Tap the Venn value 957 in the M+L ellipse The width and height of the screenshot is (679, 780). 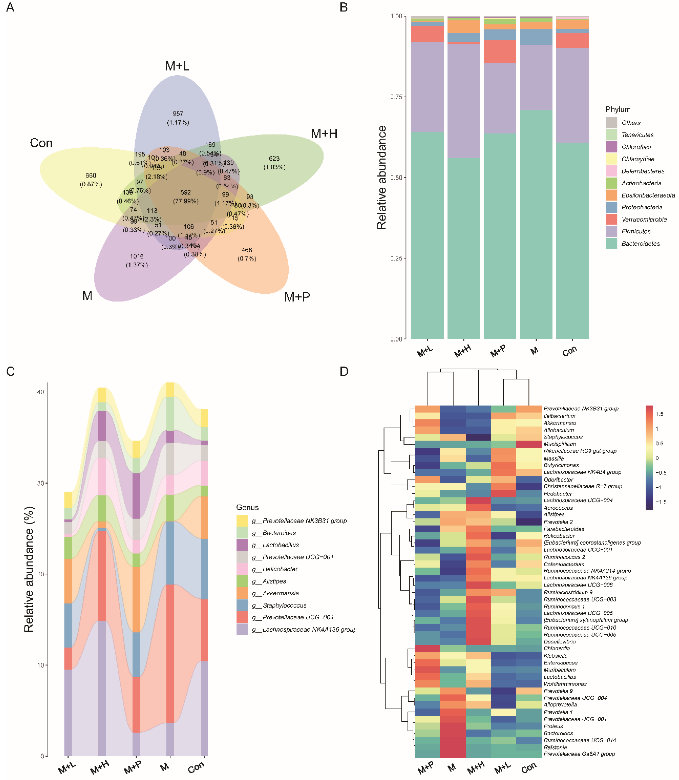(x=178, y=114)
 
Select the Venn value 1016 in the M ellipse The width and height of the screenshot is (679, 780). (x=137, y=256)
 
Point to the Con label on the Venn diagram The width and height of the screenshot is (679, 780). (x=41, y=143)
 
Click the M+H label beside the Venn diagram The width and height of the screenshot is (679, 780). (x=324, y=134)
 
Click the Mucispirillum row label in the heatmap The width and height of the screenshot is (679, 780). (x=560, y=444)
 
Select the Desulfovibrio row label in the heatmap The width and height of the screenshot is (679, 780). (x=560, y=642)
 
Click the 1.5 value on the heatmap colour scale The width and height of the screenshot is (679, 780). (x=659, y=414)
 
